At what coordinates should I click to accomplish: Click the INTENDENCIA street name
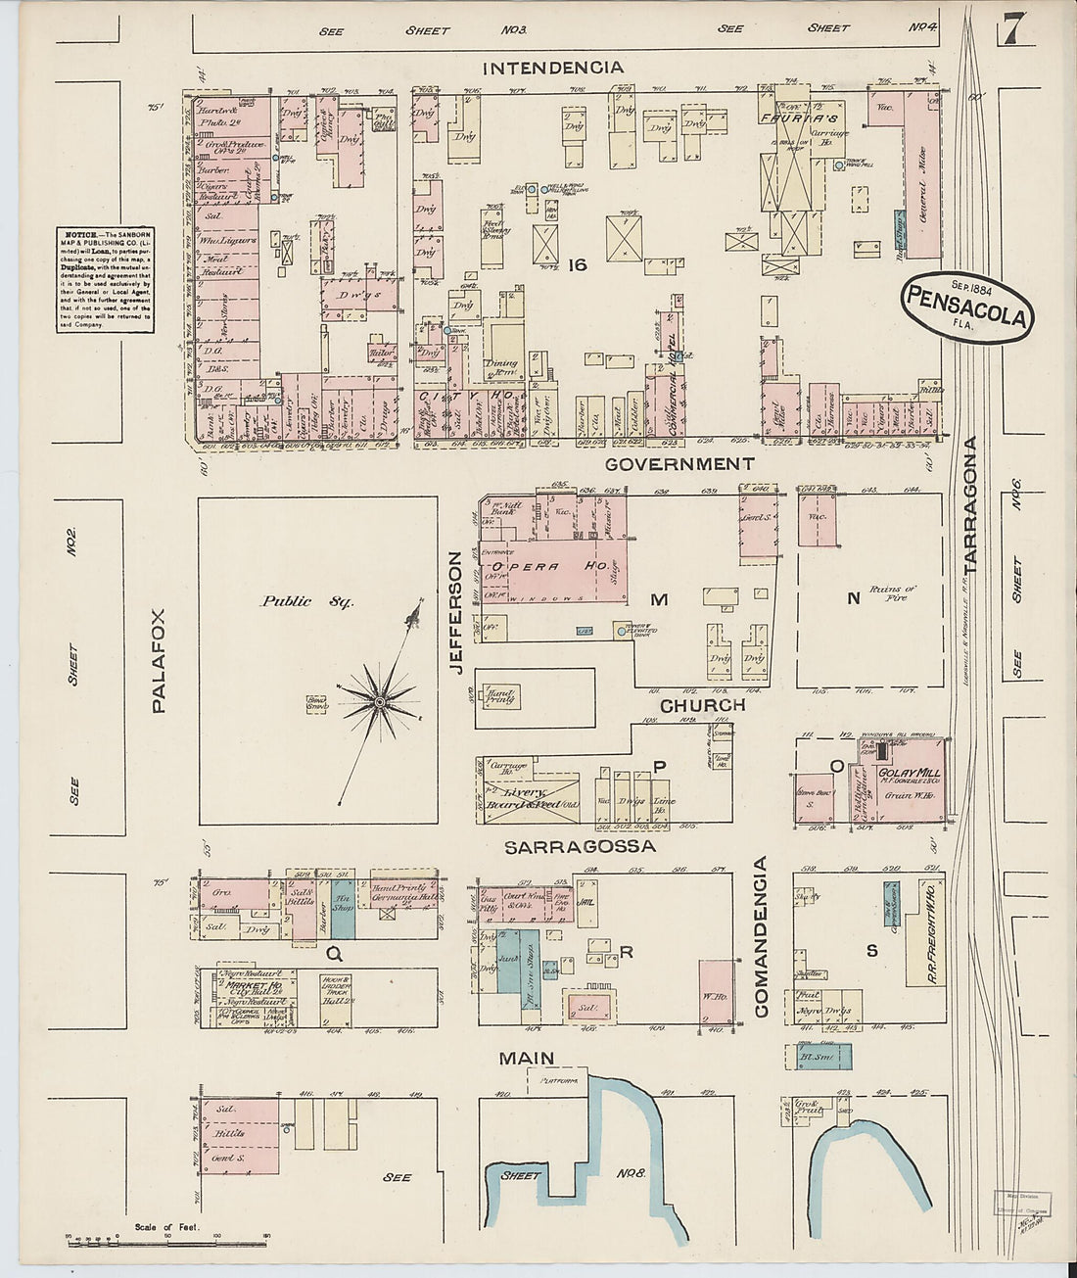coord(553,68)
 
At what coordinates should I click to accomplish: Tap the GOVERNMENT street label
coord(679,463)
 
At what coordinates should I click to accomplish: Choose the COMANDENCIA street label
coord(762,937)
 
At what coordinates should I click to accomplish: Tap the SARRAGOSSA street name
coord(580,845)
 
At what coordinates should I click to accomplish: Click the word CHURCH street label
coord(702,705)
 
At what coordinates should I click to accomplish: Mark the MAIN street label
coord(527,1058)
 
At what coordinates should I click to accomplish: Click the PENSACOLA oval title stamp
coord(967,304)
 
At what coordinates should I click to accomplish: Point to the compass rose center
coord(379,701)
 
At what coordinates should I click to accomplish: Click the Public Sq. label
coord(300,601)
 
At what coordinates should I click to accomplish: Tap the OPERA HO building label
coord(538,567)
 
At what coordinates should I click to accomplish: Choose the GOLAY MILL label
coord(910,773)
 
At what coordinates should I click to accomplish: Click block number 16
coord(577,263)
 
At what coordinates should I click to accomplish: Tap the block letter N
coord(853,598)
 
